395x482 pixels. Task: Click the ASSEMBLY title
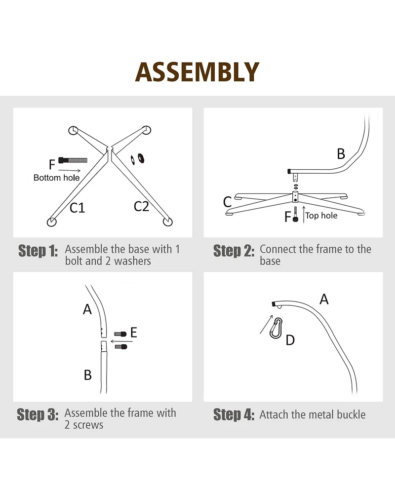pos(197,72)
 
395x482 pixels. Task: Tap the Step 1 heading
pos(38,251)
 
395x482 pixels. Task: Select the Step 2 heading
pos(234,251)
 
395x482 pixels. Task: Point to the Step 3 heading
pos(38,414)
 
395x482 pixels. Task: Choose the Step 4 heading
pos(234,414)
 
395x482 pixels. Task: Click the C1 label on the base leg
pos(77,208)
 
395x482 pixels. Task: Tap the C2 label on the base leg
pos(141,207)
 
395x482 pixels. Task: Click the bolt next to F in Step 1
pos(73,160)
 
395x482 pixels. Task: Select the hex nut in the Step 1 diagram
pos(141,158)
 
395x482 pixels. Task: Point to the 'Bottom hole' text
pos(57,178)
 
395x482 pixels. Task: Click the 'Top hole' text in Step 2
pos(321,216)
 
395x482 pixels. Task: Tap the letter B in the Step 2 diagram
pos(341,154)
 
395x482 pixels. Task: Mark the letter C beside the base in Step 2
pos(227,202)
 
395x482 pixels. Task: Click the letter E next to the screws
pos(133,333)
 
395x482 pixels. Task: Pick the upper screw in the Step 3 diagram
pos(120,334)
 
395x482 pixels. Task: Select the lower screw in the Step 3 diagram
pos(121,347)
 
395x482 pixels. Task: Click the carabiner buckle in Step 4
pos(276,328)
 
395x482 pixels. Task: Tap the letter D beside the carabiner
pos(290,340)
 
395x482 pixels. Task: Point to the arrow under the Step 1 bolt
pos(70,171)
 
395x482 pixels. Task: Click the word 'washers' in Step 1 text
pos(133,261)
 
